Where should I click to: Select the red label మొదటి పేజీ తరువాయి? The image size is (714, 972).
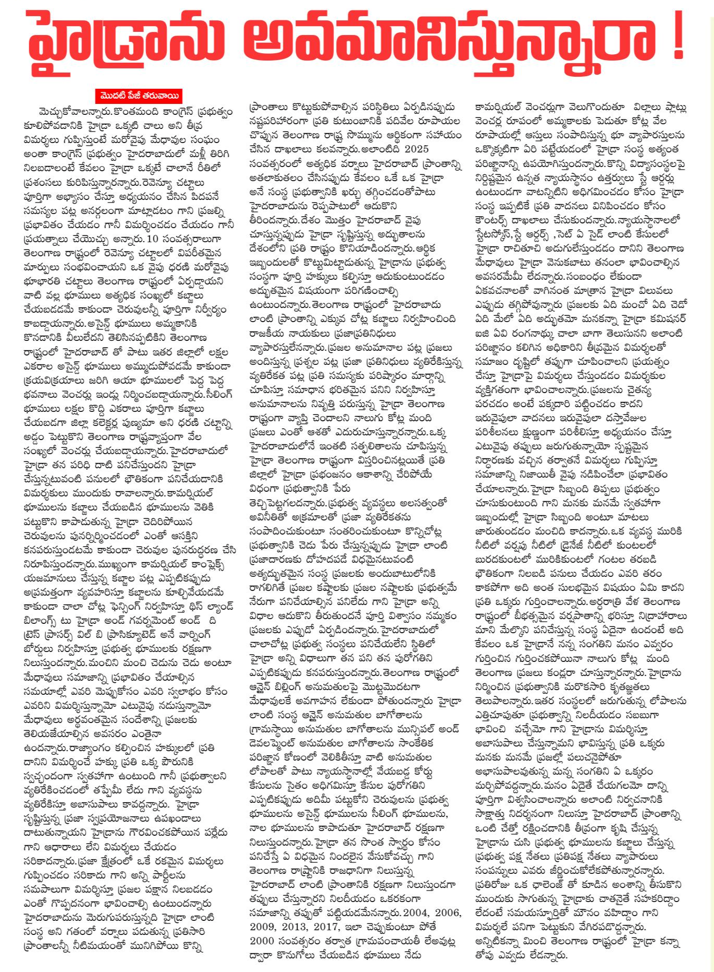[x=139, y=96]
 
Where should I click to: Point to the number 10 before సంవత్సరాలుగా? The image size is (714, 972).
[x=152, y=239]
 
